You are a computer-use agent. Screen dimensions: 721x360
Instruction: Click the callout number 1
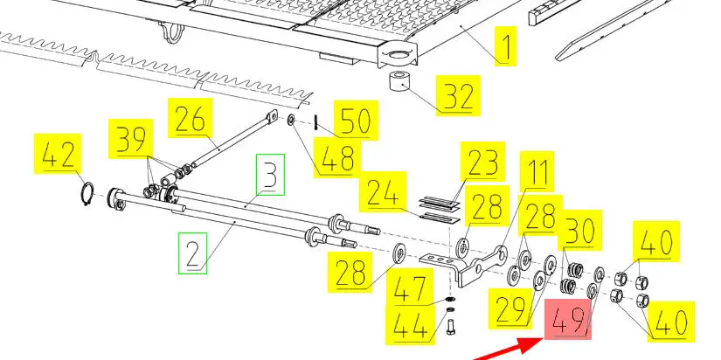(506, 46)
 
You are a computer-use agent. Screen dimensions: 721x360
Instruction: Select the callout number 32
(459, 95)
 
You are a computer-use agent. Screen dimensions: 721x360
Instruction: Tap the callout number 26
(190, 118)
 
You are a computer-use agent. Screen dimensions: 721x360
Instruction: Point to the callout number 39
(130, 139)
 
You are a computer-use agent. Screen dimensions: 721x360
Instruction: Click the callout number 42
(58, 154)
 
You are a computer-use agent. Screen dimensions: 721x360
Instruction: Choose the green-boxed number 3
(270, 174)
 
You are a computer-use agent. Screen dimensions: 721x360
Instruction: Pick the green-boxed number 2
(192, 253)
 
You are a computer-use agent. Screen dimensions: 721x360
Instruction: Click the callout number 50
(356, 120)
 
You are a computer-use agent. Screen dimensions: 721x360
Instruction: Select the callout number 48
(337, 156)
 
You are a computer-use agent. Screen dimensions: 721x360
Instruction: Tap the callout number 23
(482, 162)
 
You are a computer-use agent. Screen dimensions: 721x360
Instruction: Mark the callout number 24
(383, 191)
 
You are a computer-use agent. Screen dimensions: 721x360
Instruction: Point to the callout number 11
(537, 171)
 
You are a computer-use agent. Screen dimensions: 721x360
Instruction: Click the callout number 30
(579, 230)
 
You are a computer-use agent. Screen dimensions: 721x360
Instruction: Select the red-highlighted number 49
(568, 319)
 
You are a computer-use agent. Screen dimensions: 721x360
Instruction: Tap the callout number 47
(410, 288)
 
